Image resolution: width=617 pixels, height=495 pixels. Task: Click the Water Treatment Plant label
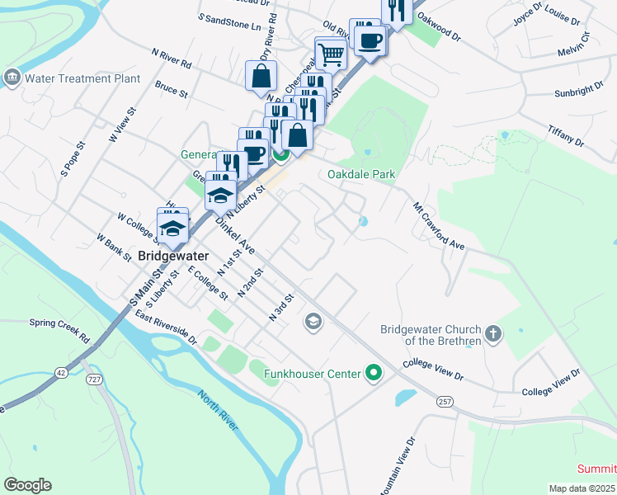click(x=82, y=79)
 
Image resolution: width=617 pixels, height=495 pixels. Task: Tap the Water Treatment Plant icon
click(x=12, y=78)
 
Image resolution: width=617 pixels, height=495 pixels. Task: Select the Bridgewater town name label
click(x=173, y=256)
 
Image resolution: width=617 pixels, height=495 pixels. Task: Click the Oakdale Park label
click(x=361, y=174)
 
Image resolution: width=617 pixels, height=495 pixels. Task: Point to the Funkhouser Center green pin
click(x=374, y=374)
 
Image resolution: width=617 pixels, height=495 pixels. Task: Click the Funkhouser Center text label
click(x=312, y=375)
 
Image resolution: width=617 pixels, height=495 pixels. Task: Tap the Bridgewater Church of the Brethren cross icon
click(x=493, y=334)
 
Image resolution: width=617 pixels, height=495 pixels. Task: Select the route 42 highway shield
click(x=61, y=372)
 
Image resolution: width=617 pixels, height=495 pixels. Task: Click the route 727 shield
click(x=93, y=379)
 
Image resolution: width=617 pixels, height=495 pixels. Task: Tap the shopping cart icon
click(x=331, y=54)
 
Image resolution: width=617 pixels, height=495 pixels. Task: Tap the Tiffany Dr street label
click(x=566, y=136)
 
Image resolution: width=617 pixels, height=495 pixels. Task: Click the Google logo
click(x=27, y=485)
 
